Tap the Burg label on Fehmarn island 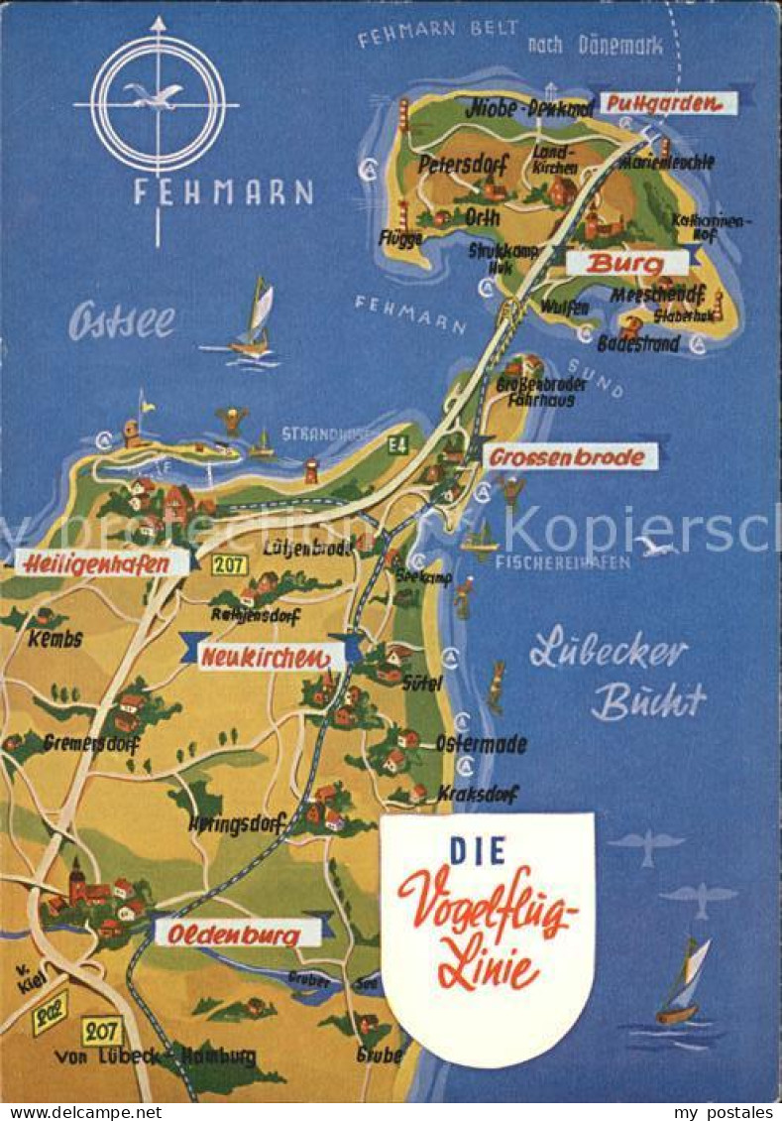[x=626, y=263]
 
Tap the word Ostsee [x=121, y=321]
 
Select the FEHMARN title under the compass [x=224, y=191]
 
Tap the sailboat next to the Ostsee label [x=254, y=320]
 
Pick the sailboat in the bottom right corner [x=683, y=982]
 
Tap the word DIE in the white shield [x=477, y=850]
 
